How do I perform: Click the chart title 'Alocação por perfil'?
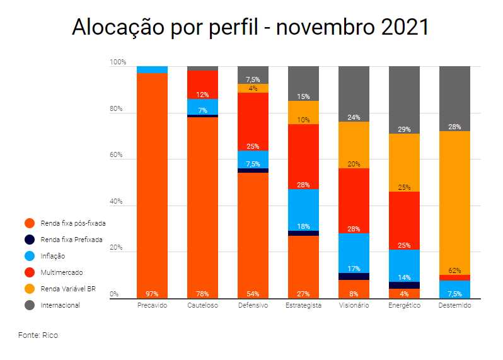tap(250, 28)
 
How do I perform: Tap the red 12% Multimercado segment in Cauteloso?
tap(202, 84)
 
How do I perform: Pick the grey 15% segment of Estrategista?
tap(303, 83)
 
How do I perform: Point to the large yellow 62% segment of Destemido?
tap(454, 202)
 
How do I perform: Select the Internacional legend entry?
tap(60, 305)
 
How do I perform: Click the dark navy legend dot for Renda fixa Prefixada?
tap(29, 240)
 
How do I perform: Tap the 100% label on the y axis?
tap(118, 62)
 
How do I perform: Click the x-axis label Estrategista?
tap(303, 306)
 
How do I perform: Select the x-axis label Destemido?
tap(454, 306)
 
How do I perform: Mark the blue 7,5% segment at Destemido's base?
tap(454, 289)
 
